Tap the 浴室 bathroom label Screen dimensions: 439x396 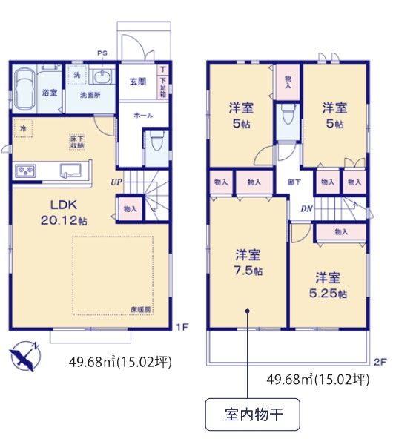click(50, 93)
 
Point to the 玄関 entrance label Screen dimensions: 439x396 click(138, 82)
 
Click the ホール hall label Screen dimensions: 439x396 click(143, 116)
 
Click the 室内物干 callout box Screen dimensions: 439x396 click(252, 414)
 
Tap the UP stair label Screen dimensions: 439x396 click(116, 182)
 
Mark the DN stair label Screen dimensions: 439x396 click(306, 208)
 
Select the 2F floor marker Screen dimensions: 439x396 click(380, 362)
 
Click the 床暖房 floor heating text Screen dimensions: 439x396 click(141, 308)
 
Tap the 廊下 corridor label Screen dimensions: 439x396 click(294, 182)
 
